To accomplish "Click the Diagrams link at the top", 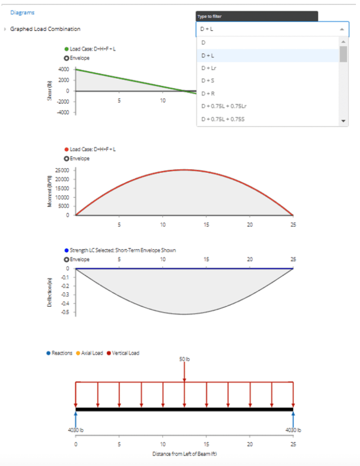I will [22, 12].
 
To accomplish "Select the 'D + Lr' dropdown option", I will [209, 68].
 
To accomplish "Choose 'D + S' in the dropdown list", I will [208, 81].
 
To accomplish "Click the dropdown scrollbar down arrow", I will [344, 122].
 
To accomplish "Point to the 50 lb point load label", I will [185, 359].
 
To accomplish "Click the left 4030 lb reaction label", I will [76, 430].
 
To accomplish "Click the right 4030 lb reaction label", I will [293, 430].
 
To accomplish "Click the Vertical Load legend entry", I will [125, 353].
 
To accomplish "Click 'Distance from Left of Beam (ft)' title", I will [185, 454].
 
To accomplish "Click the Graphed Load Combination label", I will [45, 29].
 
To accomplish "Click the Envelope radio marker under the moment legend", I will [66, 159].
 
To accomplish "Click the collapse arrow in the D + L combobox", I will [342, 29].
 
